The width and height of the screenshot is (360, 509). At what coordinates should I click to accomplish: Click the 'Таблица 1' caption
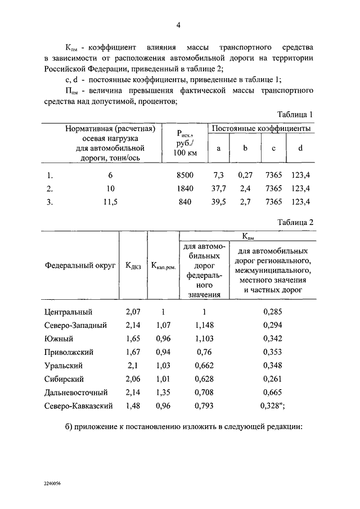pos(295,114)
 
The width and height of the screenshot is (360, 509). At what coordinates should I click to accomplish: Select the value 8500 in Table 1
pos(184,175)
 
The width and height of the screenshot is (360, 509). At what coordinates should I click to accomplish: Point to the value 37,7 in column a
pos(219,188)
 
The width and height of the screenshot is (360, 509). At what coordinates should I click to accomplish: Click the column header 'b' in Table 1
pos(245,148)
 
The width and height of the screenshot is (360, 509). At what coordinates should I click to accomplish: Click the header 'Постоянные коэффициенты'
pos(261,129)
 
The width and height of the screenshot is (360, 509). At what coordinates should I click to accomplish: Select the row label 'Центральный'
pos(67,312)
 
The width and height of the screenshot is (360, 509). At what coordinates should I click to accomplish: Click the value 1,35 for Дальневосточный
pos(163,392)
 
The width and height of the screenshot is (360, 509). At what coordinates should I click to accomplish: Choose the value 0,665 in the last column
pos(272,392)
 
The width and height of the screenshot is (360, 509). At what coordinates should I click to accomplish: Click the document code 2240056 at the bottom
pos(52,483)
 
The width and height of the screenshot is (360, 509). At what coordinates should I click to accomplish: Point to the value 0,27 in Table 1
pos(245,175)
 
